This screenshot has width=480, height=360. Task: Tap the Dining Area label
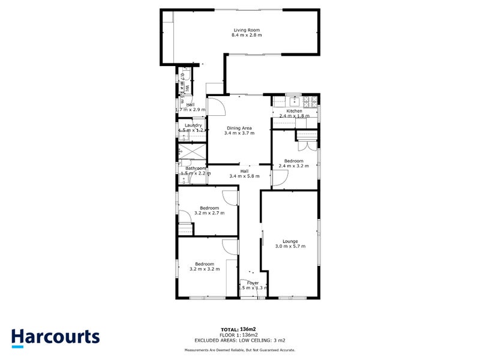(x=239, y=127)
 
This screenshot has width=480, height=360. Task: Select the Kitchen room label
(x=294, y=111)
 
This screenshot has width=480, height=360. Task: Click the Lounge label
(x=290, y=241)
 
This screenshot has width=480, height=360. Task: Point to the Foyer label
(x=253, y=283)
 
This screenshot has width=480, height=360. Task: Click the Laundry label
(x=193, y=125)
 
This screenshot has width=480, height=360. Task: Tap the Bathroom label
(x=196, y=168)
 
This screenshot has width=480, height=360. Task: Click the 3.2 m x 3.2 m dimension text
(x=205, y=269)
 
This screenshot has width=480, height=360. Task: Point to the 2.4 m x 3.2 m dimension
(x=294, y=166)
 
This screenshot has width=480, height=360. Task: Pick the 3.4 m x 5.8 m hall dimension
(x=245, y=176)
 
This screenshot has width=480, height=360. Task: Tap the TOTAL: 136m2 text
(x=238, y=329)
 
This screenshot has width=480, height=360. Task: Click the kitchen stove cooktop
(x=311, y=100)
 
